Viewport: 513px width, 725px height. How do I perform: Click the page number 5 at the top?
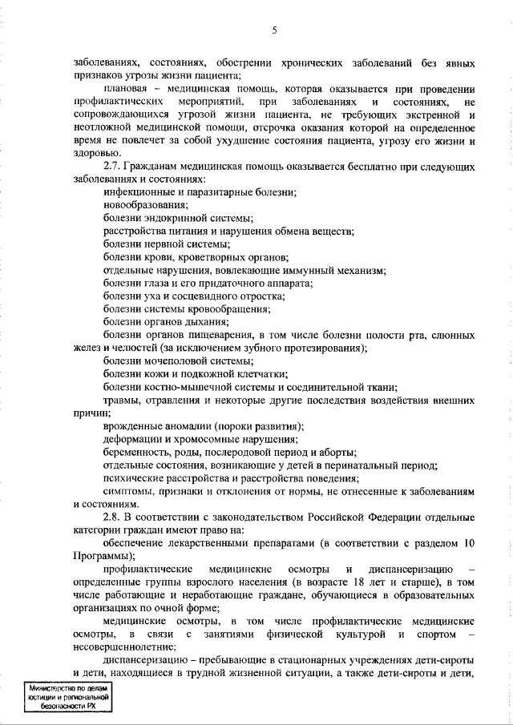coord(274,30)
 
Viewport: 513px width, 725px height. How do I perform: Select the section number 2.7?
coord(115,167)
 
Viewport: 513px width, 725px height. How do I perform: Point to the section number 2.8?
coord(115,517)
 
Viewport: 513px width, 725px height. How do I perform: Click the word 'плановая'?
coord(127,89)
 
